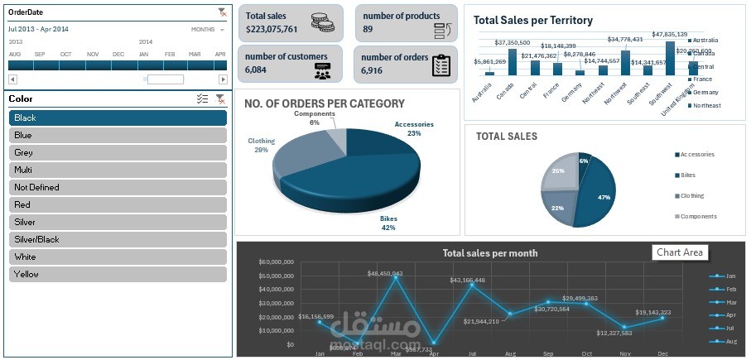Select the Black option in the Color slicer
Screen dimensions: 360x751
[118, 118]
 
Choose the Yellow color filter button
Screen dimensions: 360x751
[118, 274]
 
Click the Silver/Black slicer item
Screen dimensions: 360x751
[118, 239]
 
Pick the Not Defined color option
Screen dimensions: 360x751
[118, 187]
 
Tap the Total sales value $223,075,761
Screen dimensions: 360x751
[283, 29]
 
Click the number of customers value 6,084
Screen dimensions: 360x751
[256, 70]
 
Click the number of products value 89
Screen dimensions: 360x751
[368, 29]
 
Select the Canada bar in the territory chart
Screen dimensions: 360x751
[513, 62]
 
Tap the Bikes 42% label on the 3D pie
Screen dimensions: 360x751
[388, 223]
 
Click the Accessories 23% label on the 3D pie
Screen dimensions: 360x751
[414, 128]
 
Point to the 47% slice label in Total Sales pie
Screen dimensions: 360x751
[604, 198]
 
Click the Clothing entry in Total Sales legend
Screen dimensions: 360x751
[691, 196]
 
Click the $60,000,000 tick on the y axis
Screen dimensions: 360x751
[277, 262]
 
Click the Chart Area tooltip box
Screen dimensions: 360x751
[680, 252]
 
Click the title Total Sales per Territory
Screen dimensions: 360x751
[532, 20]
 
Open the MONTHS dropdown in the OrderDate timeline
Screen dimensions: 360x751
[207, 29]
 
